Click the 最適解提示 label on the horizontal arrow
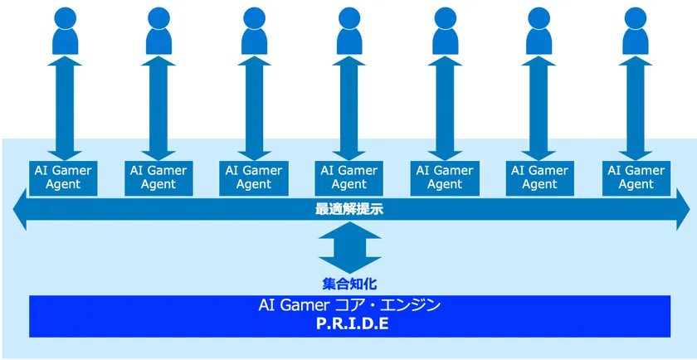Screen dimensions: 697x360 [349, 209]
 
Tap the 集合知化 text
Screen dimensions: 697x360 [349, 284]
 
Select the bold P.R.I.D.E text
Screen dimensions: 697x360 [352, 324]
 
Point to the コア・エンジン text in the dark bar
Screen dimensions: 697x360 [387, 305]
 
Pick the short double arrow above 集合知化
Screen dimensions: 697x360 [349, 248]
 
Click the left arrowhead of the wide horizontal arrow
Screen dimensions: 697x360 [20, 209]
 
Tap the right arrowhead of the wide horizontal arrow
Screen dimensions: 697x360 [683, 209]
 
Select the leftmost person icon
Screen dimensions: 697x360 [66, 32]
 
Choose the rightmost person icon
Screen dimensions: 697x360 [636, 32]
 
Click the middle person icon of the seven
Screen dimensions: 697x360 [349, 32]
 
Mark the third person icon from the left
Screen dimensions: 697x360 [254, 32]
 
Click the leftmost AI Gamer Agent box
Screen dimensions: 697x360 [63, 178]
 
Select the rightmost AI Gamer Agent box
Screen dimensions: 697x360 [636, 178]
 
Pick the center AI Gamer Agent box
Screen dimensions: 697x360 [349, 178]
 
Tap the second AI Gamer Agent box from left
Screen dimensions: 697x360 [158, 178]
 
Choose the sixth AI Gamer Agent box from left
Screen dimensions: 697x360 [539, 178]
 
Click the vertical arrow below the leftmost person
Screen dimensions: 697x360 [65, 109]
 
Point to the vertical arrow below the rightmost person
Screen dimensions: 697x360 [636, 109]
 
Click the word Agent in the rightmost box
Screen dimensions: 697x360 [636, 184]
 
